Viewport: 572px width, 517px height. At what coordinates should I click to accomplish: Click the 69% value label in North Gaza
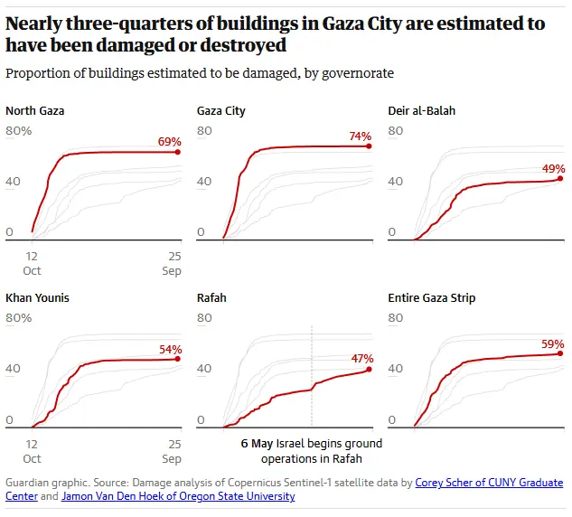[170, 142]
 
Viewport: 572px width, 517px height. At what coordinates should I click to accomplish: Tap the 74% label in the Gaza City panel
[360, 136]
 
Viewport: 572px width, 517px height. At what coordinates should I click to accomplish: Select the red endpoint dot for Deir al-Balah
[560, 178]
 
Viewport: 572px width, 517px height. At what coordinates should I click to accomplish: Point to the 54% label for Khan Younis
[170, 349]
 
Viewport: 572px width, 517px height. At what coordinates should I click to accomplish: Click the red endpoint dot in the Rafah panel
[369, 369]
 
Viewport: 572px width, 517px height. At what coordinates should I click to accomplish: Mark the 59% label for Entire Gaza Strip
[553, 344]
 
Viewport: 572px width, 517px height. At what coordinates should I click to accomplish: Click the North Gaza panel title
[34, 111]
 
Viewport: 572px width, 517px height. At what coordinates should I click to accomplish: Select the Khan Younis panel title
[37, 297]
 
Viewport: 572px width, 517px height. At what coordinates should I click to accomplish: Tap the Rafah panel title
[211, 297]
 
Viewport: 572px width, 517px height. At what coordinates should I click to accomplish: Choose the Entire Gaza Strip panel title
[431, 297]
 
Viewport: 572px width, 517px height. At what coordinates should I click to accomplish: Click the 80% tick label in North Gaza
[19, 131]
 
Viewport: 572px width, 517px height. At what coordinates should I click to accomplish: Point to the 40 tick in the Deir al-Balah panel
[394, 182]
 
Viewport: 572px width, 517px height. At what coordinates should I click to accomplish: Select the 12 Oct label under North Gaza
[32, 264]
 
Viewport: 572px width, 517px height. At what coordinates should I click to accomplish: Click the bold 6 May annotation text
[257, 444]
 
